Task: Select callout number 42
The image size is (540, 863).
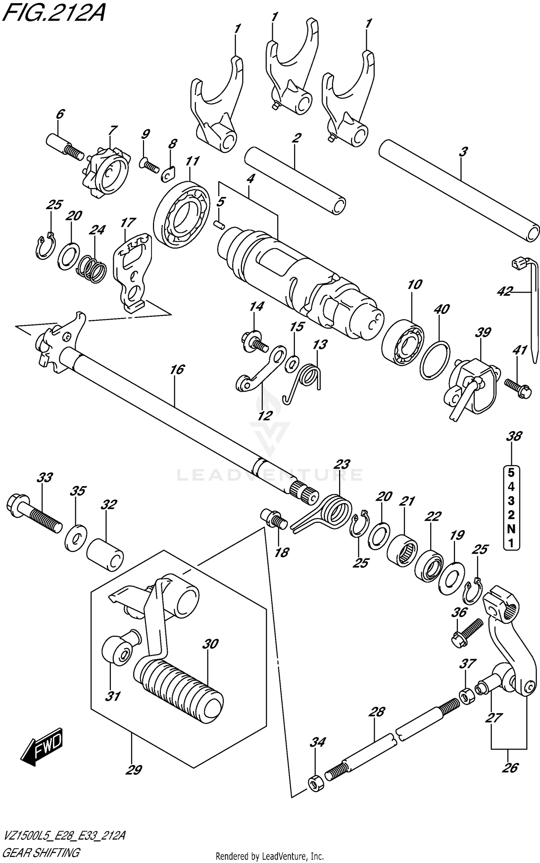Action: click(x=504, y=292)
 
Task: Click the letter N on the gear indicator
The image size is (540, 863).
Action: click(x=511, y=529)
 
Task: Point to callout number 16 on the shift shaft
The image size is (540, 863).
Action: click(x=177, y=369)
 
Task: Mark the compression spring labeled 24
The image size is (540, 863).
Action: click(x=92, y=269)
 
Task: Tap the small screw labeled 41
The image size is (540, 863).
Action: click(x=518, y=388)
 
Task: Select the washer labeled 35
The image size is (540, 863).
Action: click(x=76, y=538)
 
